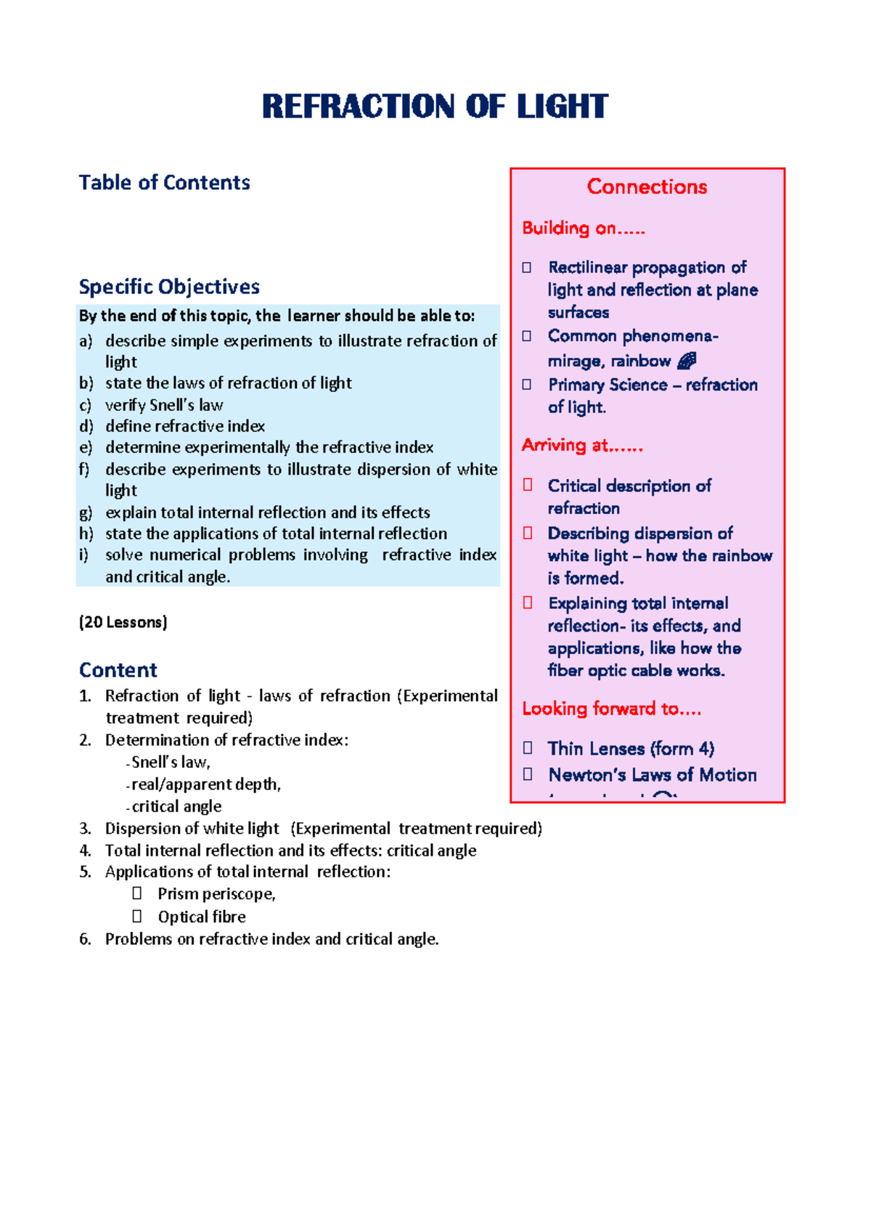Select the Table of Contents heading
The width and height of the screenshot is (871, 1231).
tap(164, 182)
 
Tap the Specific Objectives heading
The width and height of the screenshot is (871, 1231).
tap(169, 287)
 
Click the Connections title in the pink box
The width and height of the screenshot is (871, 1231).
tap(647, 187)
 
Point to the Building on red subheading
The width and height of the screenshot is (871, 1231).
tap(583, 228)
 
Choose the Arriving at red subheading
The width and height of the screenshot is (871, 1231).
tap(582, 445)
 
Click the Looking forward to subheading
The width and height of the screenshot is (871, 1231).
tap(611, 708)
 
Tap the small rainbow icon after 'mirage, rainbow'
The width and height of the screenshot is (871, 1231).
tap(687, 361)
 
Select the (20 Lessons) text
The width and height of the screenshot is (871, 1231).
tap(123, 622)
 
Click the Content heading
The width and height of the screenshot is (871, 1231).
tap(118, 670)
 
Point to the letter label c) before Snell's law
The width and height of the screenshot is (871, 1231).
tap(86, 405)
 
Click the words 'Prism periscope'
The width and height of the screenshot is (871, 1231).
tap(216, 894)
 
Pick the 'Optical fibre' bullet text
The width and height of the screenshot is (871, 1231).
tap(202, 917)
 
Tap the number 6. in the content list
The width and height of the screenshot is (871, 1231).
tap(85, 939)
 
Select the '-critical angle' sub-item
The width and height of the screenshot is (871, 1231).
tap(173, 806)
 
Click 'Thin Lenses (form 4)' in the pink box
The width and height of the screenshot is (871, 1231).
tap(631, 748)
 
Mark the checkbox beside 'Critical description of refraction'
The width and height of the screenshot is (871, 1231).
tap(528, 485)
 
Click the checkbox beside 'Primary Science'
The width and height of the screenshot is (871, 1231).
tap(527, 385)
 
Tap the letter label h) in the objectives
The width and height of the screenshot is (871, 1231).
tap(86, 533)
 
